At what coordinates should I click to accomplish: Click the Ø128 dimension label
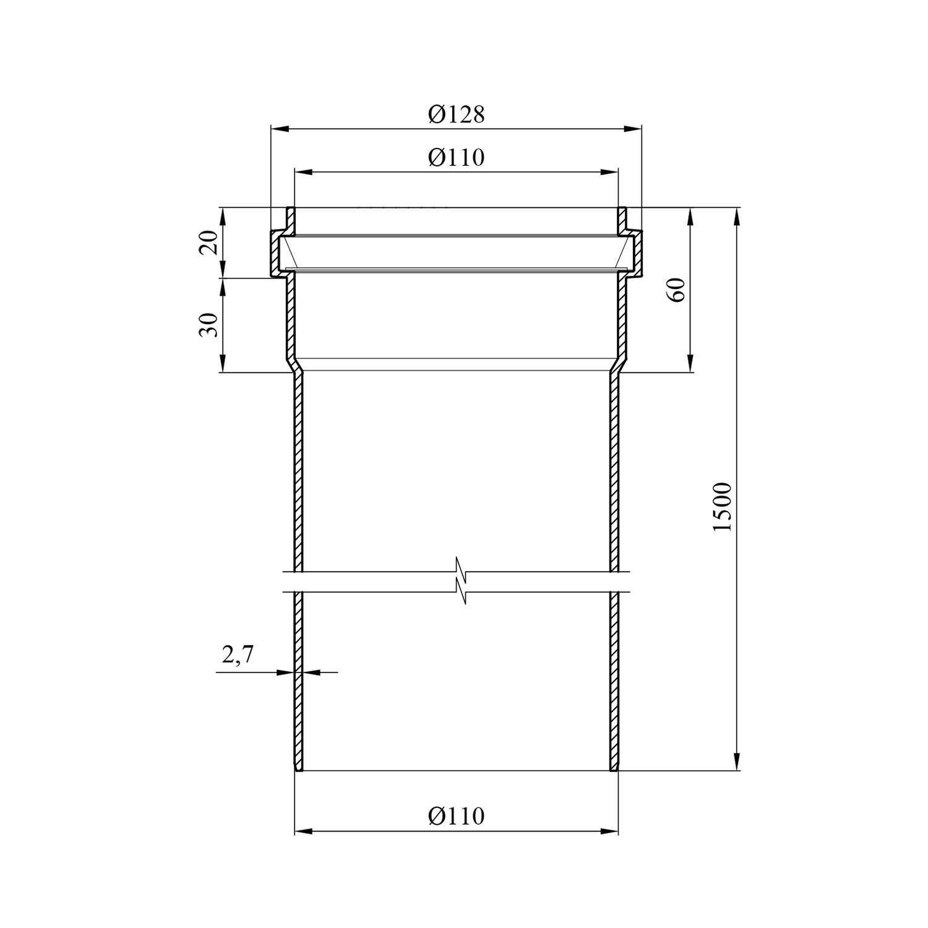[456, 114]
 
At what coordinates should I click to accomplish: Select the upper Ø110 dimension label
[456, 158]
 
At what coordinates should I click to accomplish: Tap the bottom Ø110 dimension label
[456, 816]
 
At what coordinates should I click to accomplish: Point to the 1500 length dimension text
[722, 506]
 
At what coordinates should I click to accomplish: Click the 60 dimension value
[678, 290]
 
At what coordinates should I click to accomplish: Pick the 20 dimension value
[209, 243]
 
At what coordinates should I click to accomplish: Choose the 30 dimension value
[209, 325]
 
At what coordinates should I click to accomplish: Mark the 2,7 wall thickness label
[238, 655]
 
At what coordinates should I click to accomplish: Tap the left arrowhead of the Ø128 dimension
[279, 129]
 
